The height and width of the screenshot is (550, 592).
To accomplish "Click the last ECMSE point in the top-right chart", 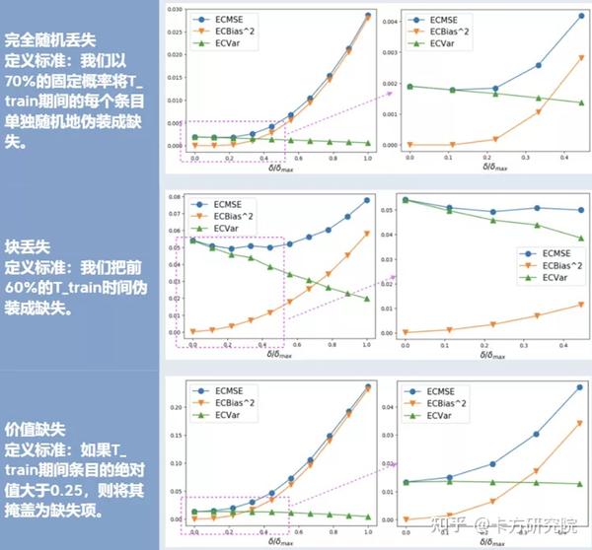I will tap(580, 16).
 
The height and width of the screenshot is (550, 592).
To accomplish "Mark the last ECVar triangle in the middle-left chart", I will tap(367, 299).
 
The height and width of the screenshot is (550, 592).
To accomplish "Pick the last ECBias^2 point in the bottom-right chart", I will tap(580, 423).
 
